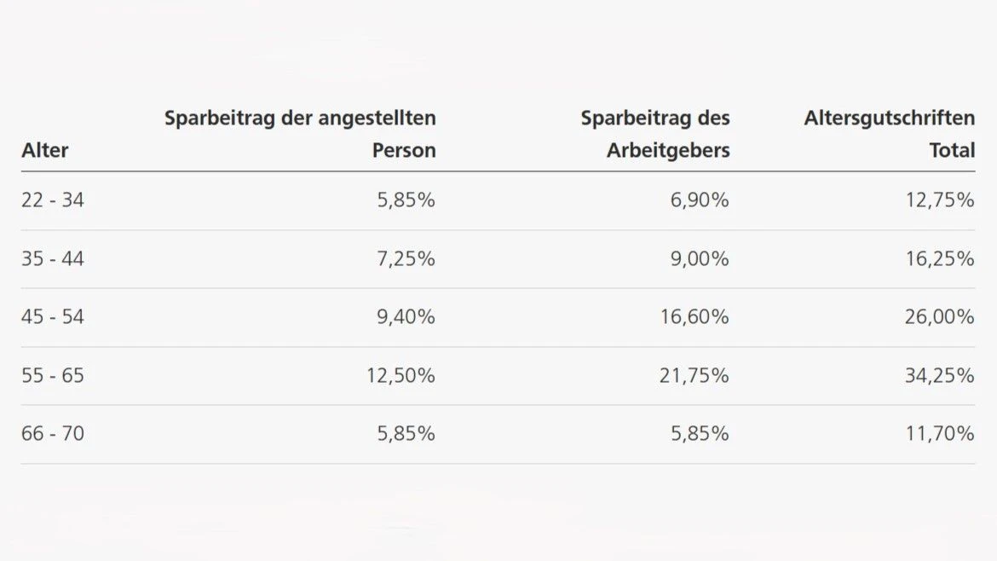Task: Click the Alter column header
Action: tap(45, 151)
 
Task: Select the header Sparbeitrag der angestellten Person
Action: tap(300, 134)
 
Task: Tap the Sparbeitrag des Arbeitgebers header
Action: tap(655, 134)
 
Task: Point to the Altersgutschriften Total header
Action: tap(889, 134)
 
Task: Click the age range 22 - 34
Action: tap(53, 200)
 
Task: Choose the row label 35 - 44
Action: tap(53, 258)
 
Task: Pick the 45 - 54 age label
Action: tap(53, 317)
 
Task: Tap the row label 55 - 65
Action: tap(53, 375)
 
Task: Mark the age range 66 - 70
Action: tap(53, 433)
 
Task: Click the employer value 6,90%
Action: tap(700, 200)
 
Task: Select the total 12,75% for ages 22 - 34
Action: tap(939, 200)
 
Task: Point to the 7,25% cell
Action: tap(406, 258)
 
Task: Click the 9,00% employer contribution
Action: tap(700, 258)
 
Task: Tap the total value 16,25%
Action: tap(939, 258)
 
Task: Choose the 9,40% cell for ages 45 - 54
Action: tap(406, 317)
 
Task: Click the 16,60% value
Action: tap(694, 317)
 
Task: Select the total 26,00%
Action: tap(939, 317)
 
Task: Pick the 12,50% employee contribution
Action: tap(401, 375)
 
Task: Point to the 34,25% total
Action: tap(939, 375)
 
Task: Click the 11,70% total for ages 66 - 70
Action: tap(940, 433)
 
